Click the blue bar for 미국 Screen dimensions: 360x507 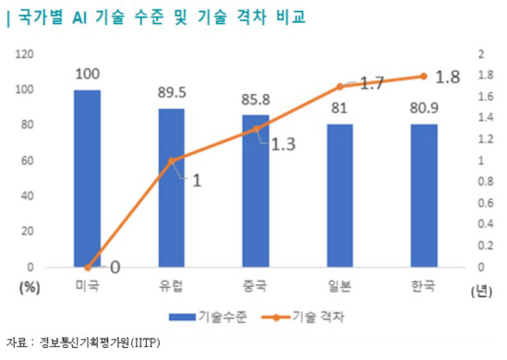coord(87,178)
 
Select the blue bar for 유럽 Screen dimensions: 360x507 coord(171,187)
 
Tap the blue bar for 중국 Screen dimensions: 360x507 coord(256,191)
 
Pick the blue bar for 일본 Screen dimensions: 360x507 coord(339,196)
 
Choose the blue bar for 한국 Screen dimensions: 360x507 coord(423,196)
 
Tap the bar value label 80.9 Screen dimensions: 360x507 coord(423,106)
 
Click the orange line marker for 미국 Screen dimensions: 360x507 coord(87,267)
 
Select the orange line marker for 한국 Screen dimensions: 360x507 coord(423,76)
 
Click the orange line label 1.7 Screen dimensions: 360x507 coord(371,84)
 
